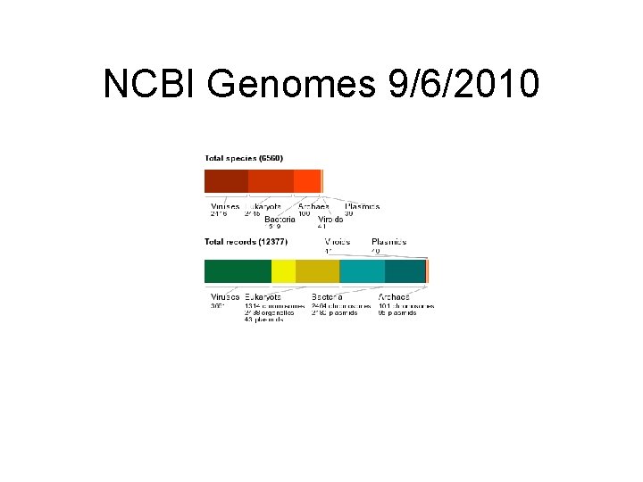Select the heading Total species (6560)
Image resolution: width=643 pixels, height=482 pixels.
[x=244, y=158]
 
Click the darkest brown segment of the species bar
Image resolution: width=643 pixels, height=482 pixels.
[x=226, y=181]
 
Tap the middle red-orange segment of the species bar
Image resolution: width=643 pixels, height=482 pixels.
[x=271, y=181]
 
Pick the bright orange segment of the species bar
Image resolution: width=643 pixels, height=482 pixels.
[x=306, y=181]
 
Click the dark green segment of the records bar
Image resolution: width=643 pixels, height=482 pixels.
[x=238, y=271]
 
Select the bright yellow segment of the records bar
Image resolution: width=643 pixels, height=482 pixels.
[x=283, y=271]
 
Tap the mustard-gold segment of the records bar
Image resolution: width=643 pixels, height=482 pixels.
[x=317, y=271]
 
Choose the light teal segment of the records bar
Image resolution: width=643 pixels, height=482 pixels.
[x=362, y=271]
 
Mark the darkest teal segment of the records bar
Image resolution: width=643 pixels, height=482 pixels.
[x=405, y=271]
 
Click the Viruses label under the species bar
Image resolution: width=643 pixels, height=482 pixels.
[x=225, y=206]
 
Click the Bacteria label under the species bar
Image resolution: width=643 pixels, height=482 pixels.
[x=280, y=220]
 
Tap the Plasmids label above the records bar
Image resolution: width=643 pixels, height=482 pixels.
[x=389, y=242]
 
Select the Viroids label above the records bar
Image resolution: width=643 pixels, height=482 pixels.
[x=337, y=242]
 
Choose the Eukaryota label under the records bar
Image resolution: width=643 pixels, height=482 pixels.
[x=263, y=296]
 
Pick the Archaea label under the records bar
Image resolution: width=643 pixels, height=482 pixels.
[x=395, y=296]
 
